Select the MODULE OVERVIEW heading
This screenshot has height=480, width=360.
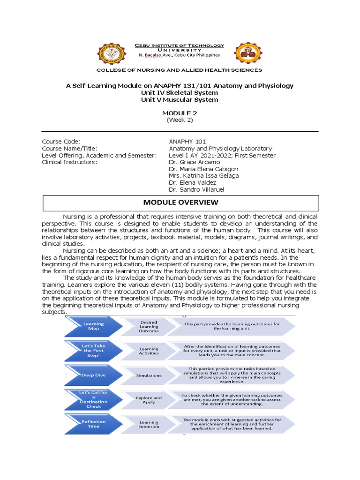click(x=180, y=202)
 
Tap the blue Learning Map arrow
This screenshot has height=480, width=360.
click(x=93, y=326)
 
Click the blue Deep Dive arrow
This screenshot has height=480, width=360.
click(x=93, y=375)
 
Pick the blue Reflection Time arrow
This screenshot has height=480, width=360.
click(x=93, y=424)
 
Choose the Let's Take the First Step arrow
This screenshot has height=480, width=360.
click(x=93, y=351)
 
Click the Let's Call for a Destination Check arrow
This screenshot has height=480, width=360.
click(x=93, y=399)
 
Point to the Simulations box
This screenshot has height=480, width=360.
click(x=149, y=375)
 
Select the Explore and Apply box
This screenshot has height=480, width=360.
click(x=149, y=400)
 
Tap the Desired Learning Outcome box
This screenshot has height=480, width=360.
click(x=149, y=327)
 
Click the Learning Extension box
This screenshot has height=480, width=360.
click(x=149, y=424)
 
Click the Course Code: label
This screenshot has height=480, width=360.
click(x=61, y=142)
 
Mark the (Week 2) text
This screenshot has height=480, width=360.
click(x=180, y=120)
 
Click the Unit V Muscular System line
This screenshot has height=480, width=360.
click(x=180, y=99)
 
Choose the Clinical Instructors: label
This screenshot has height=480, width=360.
click(x=69, y=162)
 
